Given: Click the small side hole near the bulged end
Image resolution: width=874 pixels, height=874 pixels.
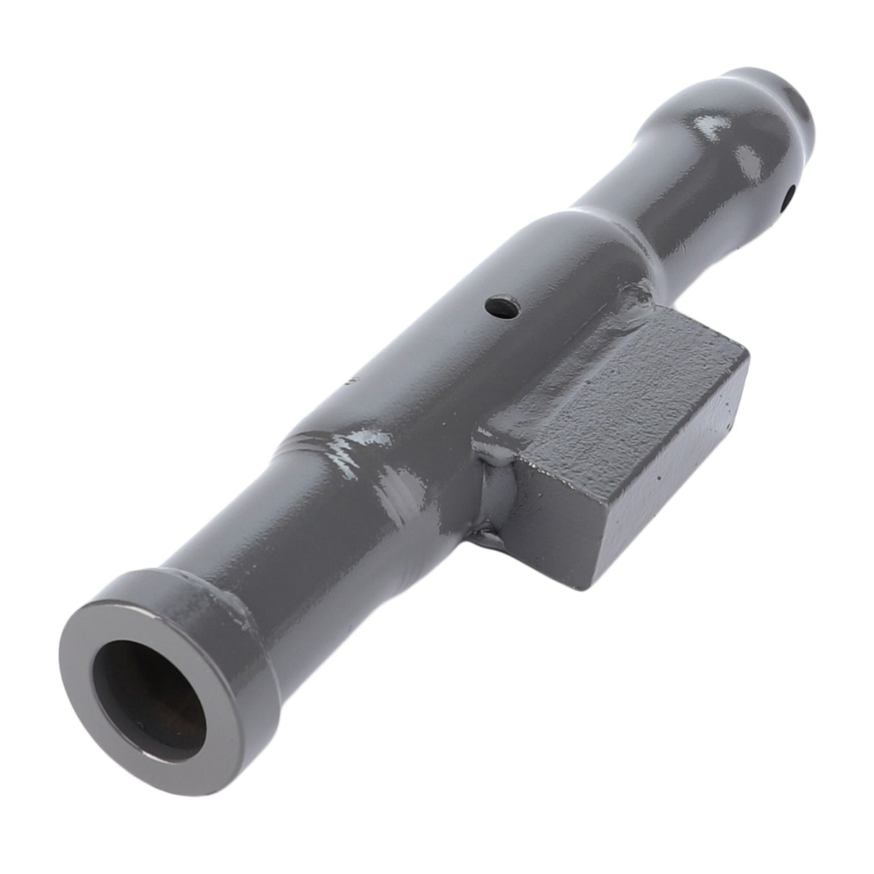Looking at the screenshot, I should coord(790,193).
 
